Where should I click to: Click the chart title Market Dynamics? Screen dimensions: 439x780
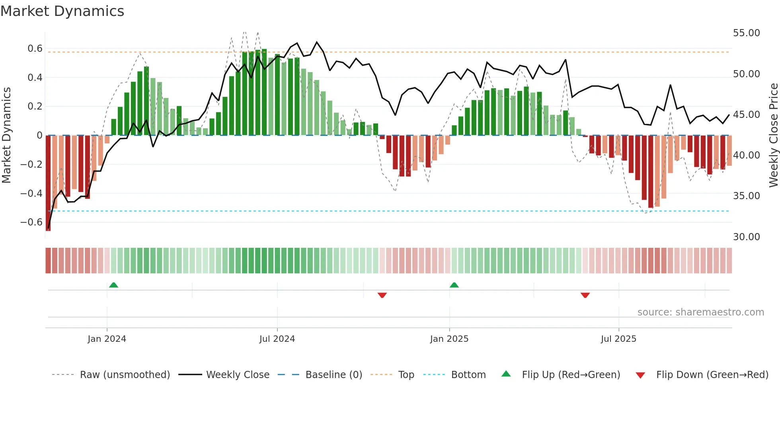click(62, 11)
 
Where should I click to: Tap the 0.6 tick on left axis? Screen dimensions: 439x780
click(35, 49)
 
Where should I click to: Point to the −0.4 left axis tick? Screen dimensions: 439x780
click(31, 193)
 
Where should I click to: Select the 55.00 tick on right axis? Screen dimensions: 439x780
click(746, 33)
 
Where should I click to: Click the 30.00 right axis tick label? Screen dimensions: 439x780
click(746, 237)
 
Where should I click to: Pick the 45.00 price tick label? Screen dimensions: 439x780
click(746, 115)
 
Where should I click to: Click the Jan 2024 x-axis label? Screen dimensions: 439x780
click(107, 339)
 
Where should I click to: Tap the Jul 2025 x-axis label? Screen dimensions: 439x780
click(618, 339)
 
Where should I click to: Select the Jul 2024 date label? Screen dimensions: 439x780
click(277, 339)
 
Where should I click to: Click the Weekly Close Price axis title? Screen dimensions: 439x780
click(773, 135)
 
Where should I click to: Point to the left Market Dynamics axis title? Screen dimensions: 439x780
click(6, 135)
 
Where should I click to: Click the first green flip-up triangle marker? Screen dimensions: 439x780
click(113, 285)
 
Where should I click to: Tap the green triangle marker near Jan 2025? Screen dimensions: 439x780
click(454, 285)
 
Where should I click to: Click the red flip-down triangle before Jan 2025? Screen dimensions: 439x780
click(382, 295)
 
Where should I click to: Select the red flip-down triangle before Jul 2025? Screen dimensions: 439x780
click(585, 295)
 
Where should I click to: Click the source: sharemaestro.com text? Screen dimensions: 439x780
click(700, 312)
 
